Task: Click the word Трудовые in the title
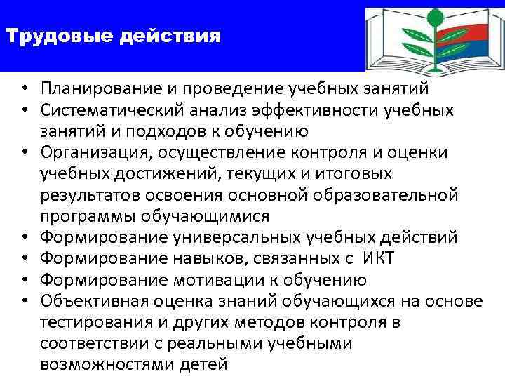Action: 45,35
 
